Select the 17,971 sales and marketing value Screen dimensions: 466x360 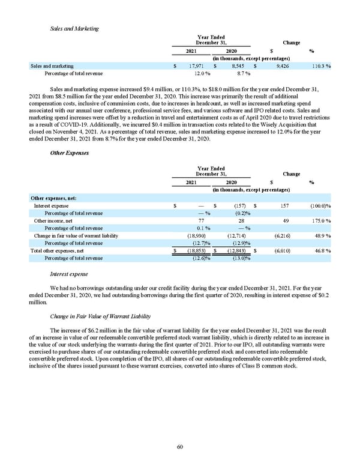pos(197,66)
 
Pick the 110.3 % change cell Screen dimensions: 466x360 pos(315,66)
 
